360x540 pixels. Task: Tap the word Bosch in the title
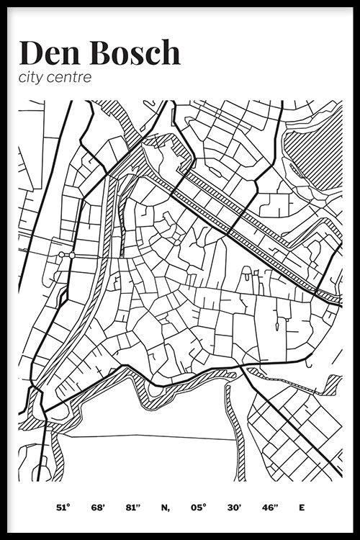tap(135, 53)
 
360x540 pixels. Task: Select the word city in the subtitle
tap(33, 77)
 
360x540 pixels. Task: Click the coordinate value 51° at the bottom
tap(63, 508)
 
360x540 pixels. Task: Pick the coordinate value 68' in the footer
tap(98, 508)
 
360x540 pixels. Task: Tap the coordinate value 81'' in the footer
tap(132, 508)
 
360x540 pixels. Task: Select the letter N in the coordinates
tap(165, 508)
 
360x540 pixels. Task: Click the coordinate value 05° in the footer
tap(200, 508)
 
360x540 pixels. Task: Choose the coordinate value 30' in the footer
tap(234, 508)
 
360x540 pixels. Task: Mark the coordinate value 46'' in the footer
tap(269, 508)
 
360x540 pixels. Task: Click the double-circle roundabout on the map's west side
tap(67, 255)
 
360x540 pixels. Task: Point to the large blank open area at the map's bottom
tap(144, 446)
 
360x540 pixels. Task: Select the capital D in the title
tap(32, 53)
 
